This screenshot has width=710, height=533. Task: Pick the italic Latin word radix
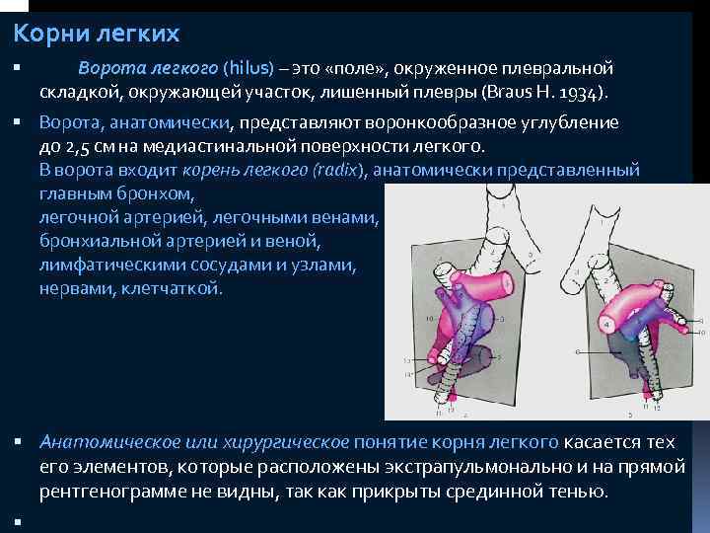(337, 170)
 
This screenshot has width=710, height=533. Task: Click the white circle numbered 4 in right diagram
(605, 323)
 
